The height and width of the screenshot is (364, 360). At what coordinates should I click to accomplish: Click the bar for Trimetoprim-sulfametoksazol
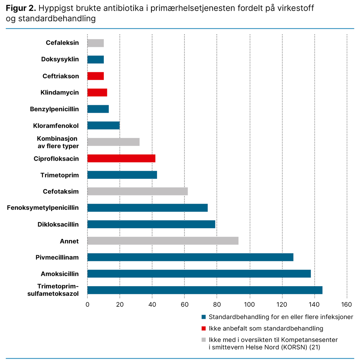[205, 290]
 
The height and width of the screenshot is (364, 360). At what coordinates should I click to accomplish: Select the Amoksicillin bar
[199, 274]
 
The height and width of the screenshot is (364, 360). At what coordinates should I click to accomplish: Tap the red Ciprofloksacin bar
[121, 159]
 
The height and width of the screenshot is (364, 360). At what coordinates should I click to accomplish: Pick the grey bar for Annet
[163, 241]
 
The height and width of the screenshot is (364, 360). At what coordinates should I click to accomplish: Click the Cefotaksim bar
[138, 191]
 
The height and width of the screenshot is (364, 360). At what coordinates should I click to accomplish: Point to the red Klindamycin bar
[97, 92]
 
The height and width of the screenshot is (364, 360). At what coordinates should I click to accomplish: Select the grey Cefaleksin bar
[96, 43]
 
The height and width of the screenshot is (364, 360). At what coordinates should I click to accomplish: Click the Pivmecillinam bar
[190, 257]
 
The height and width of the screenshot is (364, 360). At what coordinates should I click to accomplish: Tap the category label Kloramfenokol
[56, 125]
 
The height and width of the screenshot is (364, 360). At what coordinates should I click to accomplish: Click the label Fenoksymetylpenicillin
[43, 208]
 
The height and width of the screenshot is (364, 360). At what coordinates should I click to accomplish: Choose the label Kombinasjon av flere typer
[58, 142]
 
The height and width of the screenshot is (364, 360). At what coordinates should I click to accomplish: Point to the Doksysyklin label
[60, 59]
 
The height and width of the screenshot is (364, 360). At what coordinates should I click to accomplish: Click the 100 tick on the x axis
[250, 304]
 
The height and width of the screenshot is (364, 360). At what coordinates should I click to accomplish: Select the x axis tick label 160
[346, 304]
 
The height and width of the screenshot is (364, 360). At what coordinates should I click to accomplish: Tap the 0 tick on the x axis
[87, 304]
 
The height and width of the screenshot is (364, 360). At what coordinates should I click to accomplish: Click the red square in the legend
[204, 328]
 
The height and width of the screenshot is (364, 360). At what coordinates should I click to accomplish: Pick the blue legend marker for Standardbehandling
[204, 317]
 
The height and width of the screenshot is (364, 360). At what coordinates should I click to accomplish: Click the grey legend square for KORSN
[204, 340]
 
